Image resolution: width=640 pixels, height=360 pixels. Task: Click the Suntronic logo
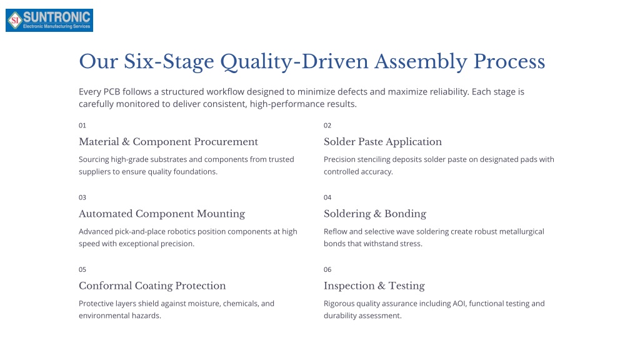(x=49, y=21)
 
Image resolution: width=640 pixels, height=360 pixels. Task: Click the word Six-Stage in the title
(x=169, y=62)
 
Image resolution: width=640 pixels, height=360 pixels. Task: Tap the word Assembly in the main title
(x=421, y=62)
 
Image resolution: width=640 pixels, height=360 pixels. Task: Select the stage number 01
(x=82, y=125)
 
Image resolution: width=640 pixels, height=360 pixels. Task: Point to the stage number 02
(x=327, y=125)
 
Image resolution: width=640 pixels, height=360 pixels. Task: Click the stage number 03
(x=82, y=197)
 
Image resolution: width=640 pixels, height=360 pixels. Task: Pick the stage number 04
(x=327, y=197)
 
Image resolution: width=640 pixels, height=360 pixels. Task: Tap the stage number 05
(x=82, y=269)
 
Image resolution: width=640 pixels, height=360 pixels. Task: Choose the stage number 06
(x=327, y=269)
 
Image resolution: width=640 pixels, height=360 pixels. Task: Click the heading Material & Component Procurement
(x=168, y=142)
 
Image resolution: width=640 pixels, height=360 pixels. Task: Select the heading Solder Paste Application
(x=382, y=142)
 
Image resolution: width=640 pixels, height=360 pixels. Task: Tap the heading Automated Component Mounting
(x=162, y=214)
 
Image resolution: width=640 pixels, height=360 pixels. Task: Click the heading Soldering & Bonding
(x=375, y=214)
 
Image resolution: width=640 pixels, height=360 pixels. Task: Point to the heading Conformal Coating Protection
(x=152, y=286)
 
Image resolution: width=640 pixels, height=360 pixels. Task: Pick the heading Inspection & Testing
(x=374, y=286)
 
